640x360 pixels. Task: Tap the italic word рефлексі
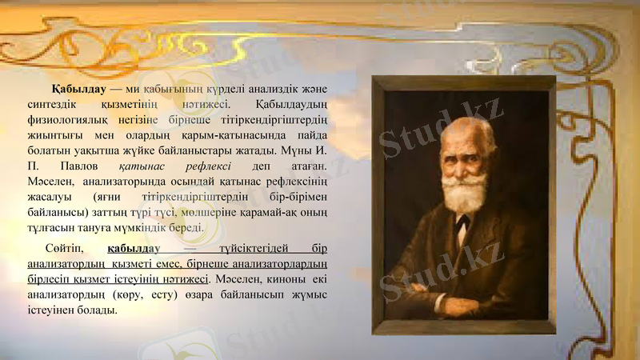pyautogui.click(x=207, y=166)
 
